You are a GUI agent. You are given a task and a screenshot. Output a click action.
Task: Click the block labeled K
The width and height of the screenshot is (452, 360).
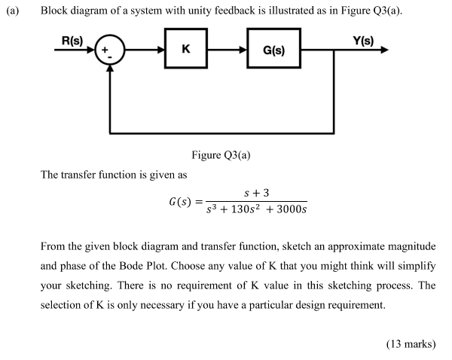click(x=186, y=50)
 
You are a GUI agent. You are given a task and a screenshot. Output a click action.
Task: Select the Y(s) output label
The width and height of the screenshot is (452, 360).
click(x=362, y=38)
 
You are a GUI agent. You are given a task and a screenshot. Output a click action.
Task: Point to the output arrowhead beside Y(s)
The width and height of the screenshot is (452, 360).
click(x=385, y=50)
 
